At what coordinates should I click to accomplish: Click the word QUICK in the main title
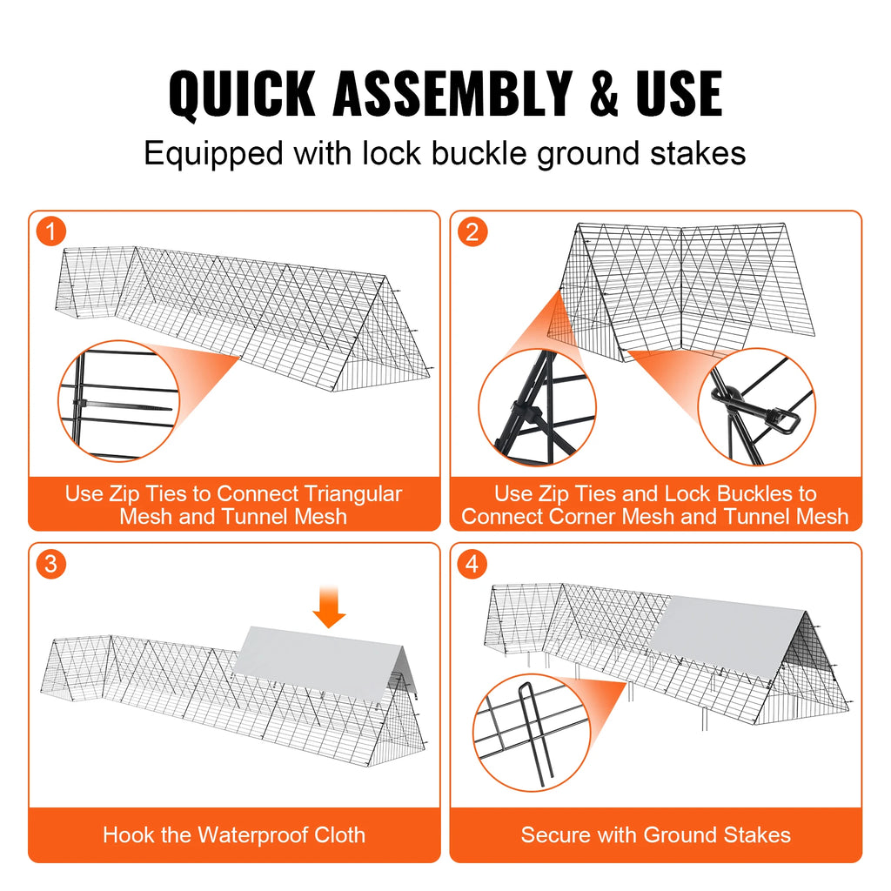(242, 93)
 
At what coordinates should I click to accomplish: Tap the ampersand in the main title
(604, 93)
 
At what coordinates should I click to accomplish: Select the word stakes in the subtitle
(698, 153)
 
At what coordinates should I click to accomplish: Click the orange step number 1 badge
(51, 231)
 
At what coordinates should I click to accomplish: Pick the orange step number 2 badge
(472, 231)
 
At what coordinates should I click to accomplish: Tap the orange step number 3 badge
(51, 564)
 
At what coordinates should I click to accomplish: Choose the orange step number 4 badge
(472, 564)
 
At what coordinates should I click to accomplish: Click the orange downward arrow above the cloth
(329, 606)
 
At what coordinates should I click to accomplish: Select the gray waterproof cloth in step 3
(324, 660)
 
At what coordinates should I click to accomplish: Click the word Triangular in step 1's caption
(353, 494)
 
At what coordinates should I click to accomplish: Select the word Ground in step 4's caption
(679, 834)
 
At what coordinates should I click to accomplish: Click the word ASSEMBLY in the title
(452, 93)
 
